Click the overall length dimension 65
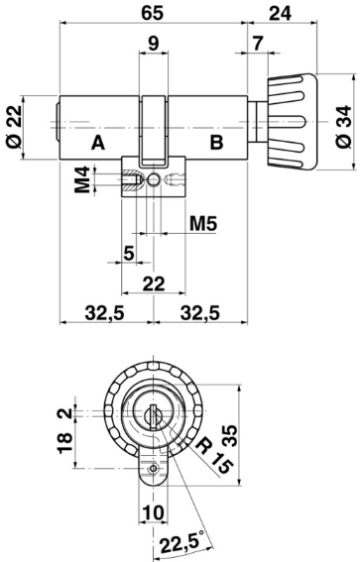pyautogui.click(x=154, y=14)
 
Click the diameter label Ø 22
pyautogui.click(x=14, y=127)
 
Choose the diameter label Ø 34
pyautogui.click(x=343, y=126)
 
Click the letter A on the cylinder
pyautogui.click(x=98, y=143)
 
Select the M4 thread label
pyautogui.click(x=86, y=181)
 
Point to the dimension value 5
pyautogui.click(x=128, y=253)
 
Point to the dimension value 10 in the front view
pyautogui.click(x=150, y=511)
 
